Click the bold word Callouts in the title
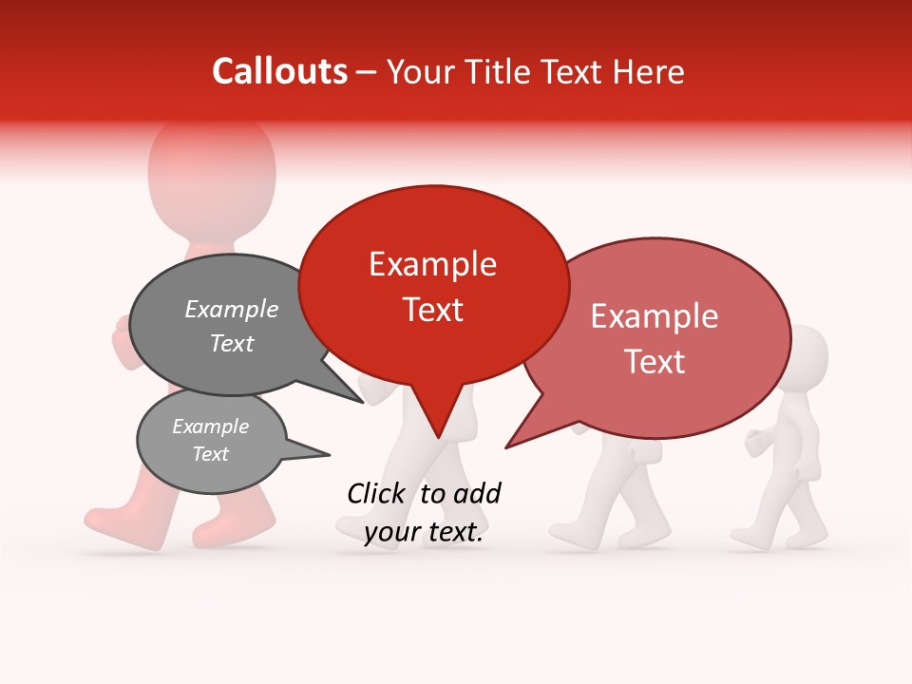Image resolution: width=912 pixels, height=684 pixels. point(279,71)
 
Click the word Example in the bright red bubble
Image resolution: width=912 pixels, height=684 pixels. point(432,264)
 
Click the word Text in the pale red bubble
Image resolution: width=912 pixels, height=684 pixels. point(655,362)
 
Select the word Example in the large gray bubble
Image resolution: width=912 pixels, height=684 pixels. point(232,309)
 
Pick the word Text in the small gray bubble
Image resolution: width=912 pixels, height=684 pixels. point(211,454)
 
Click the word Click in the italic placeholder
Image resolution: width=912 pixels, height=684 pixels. point(378,493)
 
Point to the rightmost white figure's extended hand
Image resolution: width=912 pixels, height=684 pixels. point(754,442)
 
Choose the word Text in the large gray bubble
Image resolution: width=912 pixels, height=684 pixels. point(232,344)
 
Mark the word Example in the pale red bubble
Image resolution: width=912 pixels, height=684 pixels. point(655,316)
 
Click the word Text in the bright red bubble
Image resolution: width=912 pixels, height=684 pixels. point(433,310)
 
